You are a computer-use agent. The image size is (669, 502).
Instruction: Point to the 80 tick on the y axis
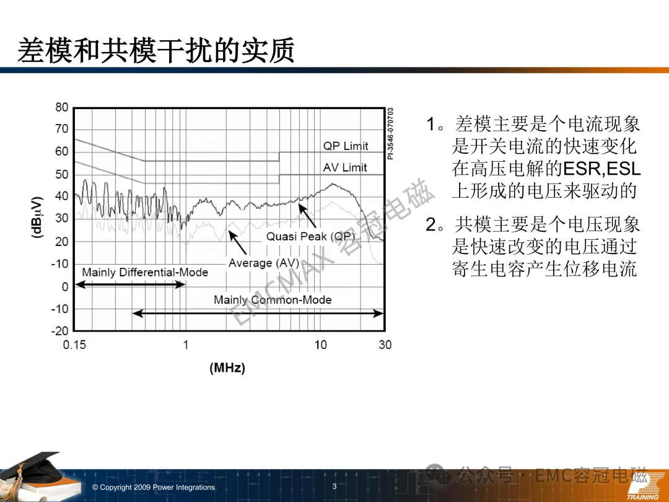point(62,107)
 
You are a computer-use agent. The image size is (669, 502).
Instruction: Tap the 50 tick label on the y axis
point(62,174)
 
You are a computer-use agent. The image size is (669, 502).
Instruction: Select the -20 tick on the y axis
point(60,331)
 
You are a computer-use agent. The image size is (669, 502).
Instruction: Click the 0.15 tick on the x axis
point(74,345)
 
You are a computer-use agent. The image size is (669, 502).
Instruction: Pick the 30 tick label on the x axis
point(385,345)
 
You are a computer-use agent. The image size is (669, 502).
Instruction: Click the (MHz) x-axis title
point(227,368)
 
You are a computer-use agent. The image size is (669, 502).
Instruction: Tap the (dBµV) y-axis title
point(37,218)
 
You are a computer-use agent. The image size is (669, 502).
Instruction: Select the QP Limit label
point(346,146)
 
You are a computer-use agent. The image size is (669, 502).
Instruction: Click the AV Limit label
point(345,168)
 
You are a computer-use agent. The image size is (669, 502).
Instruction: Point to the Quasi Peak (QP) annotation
point(310,237)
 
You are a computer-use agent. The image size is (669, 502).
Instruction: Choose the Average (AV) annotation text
point(264,263)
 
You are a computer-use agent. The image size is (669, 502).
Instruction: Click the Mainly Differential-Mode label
point(145,272)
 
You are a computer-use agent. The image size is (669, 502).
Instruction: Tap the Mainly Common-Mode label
point(273,300)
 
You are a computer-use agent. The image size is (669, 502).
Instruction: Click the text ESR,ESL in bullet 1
point(602,169)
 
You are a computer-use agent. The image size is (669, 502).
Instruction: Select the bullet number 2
point(431,224)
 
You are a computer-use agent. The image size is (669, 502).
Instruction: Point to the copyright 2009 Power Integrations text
point(154,487)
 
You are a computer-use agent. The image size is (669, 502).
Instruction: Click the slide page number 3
point(334,487)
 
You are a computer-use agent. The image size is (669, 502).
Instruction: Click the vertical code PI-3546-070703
point(390,134)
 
